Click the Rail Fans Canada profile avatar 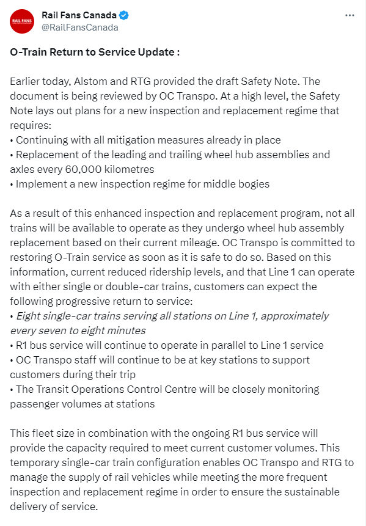pos(22,21)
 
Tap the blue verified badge pos(123,15)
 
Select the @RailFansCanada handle pos(79,27)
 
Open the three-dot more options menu pos(350,15)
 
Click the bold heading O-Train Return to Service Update pos(95,52)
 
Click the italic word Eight pos(29,316)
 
